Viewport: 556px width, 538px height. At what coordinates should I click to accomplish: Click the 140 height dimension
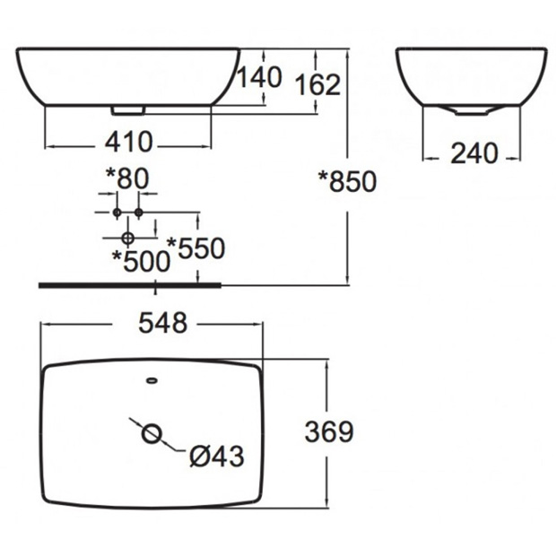tap(259, 77)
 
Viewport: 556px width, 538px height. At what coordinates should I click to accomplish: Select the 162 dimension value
tap(317, 85)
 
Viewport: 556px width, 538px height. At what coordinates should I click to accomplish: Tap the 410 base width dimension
tap(129, 142)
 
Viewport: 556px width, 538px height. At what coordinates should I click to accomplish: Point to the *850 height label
tap(347, 181)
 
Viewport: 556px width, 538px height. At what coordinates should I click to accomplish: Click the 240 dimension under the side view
tap(474, 153)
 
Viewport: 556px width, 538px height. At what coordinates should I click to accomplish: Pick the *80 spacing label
tap(127, 178)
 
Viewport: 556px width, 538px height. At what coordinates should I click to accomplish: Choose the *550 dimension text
tap(196, 247)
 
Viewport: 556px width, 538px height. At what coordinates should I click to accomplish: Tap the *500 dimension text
tap(141, 261)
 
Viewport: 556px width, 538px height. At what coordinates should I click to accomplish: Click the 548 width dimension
tap(162, 323)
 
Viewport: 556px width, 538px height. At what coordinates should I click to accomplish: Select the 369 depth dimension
tap(329, 431)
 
